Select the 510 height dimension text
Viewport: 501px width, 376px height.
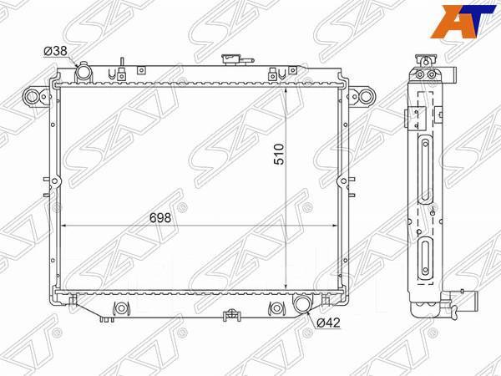click(x=279, y=155)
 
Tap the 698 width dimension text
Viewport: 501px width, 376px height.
click(x=159, y=217)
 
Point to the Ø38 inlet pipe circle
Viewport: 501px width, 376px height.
click(x=83, y=74)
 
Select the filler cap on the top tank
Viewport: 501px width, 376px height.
click(x=230, y=59)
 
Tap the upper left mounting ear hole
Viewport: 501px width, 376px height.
click(x=32, y=97)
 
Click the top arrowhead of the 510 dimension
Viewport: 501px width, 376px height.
click(x=287, y=86)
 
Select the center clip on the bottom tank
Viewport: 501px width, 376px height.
click(x=229, y=315)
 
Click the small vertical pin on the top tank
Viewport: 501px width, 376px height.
click(x=122, y=64)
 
